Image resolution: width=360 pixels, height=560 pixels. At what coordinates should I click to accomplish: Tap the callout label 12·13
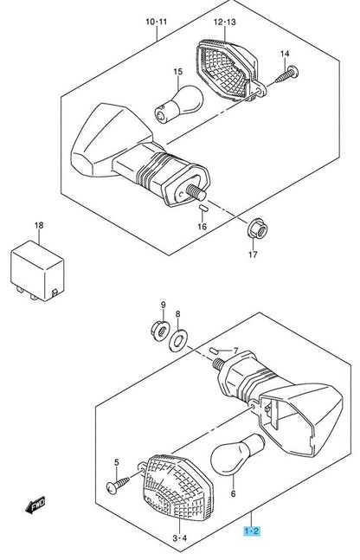coord(222,20)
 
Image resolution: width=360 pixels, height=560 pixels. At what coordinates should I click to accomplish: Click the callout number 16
coord(202,226)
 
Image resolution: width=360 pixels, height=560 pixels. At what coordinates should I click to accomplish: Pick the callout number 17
coord(254,254)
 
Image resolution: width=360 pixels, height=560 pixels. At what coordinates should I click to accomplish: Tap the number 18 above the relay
coord(37,226)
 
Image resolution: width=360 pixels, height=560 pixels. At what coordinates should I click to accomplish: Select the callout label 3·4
coord(178,539)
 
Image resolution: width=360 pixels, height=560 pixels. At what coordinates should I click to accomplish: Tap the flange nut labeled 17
coord(254,230)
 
